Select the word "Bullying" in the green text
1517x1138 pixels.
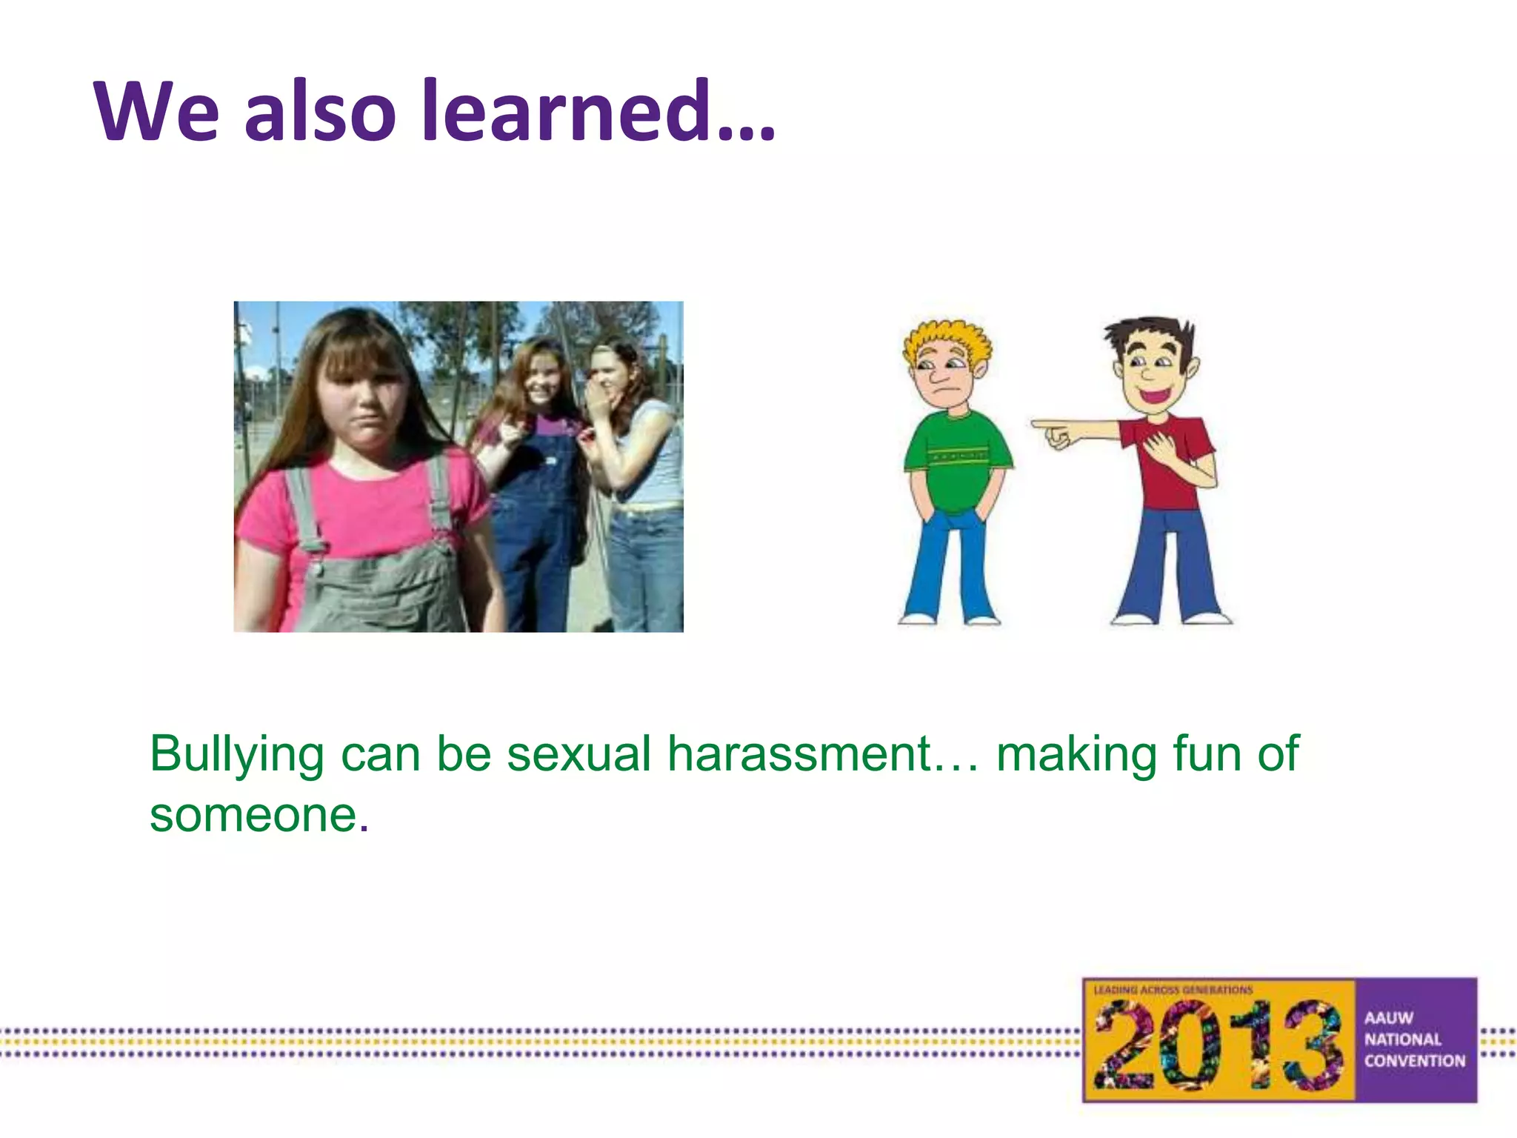click(237, 754)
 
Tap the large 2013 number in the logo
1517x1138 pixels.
click(1218, 1045)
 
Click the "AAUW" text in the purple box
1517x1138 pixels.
click(1389, 1018)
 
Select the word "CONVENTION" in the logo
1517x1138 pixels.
click(1415, 1061)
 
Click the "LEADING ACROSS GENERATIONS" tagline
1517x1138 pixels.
click(1173, 990)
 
